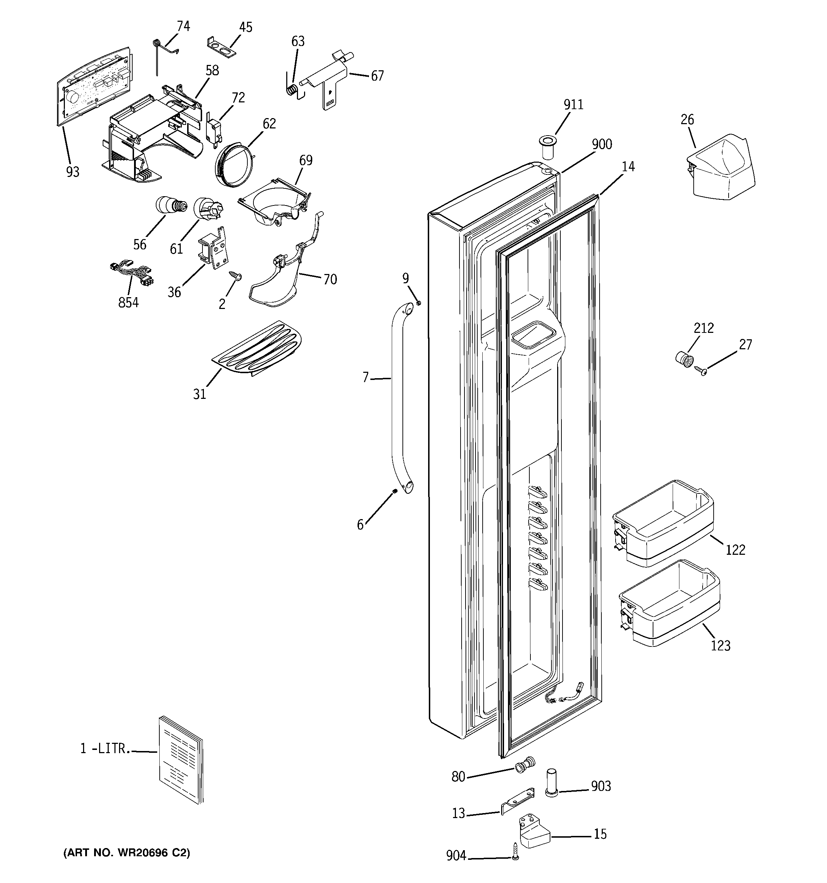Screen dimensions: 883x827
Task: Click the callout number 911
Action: (x=573, y=105)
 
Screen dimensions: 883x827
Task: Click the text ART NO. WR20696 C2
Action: (x=127, y=852)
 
